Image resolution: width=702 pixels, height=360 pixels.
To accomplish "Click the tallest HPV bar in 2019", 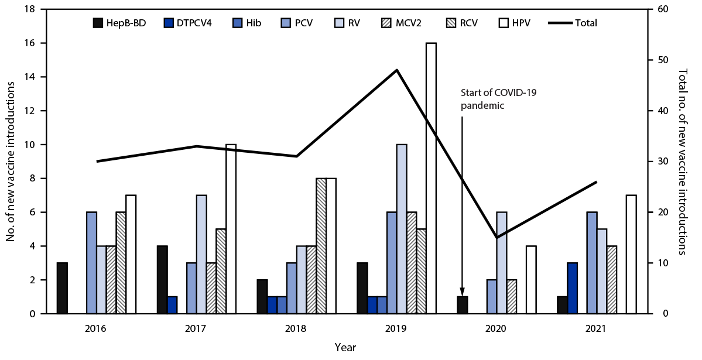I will [431, 179].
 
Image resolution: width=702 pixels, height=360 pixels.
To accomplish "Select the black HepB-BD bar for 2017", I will [162, 280].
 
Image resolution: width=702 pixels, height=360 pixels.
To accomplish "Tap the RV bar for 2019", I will [402, 229].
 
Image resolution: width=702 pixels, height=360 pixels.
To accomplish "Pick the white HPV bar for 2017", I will [231, 229].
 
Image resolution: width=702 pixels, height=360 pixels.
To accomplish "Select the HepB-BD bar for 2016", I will [62, 288].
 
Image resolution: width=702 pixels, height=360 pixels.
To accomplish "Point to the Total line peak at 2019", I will [397, 70].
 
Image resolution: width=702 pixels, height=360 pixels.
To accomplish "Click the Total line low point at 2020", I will [496, 237].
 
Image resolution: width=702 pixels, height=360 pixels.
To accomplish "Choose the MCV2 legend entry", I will [398, 23].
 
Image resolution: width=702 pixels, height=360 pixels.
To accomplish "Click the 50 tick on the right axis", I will [659, 60].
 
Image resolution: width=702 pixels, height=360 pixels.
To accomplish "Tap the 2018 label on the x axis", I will [296, 329].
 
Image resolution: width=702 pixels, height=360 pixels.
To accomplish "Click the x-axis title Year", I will [345, 347].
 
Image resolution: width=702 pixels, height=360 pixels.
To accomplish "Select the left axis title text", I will [11, 162].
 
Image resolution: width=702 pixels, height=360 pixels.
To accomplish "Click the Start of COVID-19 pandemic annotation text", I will [488, 99].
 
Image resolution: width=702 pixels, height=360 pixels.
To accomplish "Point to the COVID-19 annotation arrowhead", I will [462, 292].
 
